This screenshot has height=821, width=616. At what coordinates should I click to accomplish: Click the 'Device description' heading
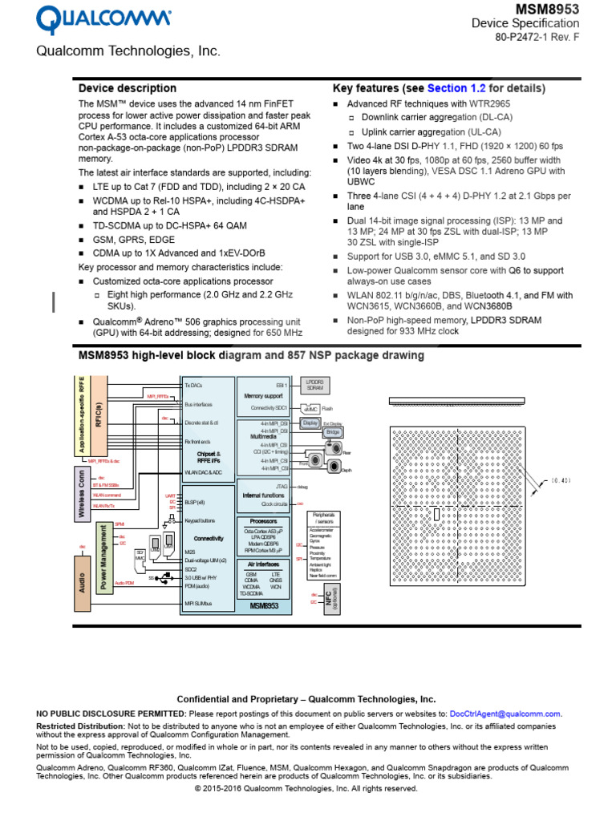127,88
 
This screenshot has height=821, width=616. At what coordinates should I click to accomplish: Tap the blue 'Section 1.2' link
456,88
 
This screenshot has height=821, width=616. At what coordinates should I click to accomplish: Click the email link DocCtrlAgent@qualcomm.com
505,714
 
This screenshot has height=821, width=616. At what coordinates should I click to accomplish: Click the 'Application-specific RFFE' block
82,415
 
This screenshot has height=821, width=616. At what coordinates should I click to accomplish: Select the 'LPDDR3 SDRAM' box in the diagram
314,385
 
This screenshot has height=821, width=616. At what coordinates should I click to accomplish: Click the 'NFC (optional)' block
329,598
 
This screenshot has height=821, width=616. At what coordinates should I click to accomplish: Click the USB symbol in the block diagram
164,576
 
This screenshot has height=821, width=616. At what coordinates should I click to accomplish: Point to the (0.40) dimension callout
561,480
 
